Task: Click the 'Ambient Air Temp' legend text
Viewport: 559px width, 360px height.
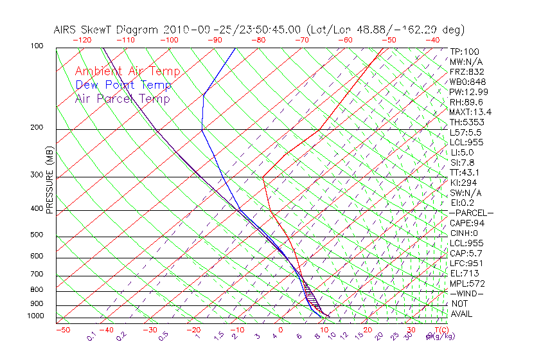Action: tap(127, 72)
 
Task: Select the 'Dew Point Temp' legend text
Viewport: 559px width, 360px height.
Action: tap(123, 85)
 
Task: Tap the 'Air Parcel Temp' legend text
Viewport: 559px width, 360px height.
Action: tap(123, 99)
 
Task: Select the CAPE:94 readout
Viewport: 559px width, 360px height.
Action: tap(467, 223)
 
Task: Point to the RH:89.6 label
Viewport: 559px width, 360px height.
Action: tap(466, 102)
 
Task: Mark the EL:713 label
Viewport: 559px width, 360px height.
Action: tap(463, 273)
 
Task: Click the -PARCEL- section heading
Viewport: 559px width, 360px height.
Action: tap(471, 213)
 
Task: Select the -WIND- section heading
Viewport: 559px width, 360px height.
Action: tap(467, 293)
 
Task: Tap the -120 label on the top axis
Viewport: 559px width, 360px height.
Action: tap(82, 40)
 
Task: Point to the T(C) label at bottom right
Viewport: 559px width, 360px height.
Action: tap(438, 330)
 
